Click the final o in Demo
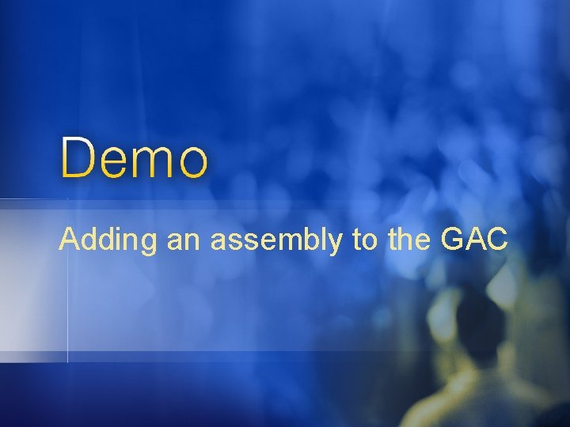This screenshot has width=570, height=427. click(193, 163)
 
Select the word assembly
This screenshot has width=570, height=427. click(276, 240)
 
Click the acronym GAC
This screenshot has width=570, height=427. click(472, 239)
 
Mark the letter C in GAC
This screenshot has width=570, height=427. click(494, 239)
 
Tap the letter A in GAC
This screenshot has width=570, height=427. click(472, 239)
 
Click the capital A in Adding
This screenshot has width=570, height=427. click(69, 239)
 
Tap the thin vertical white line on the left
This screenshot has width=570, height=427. click(67, 300)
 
